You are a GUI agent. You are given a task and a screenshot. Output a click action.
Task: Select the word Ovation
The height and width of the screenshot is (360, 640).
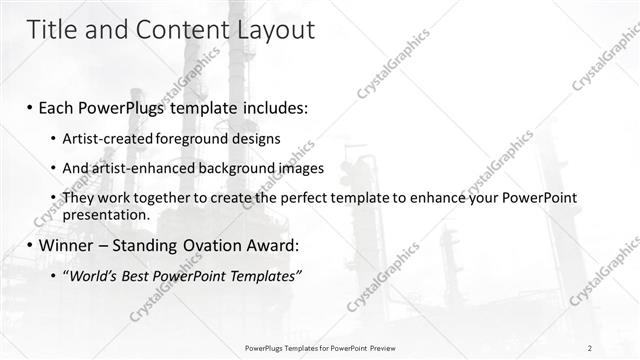[219, 245]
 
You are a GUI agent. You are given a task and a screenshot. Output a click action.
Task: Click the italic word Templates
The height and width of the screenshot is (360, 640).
[258, 276]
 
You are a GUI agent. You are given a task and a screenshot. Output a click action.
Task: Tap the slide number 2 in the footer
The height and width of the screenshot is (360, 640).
[590, 348]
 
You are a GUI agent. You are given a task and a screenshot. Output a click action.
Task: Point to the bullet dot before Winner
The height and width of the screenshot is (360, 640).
[31, 245]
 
